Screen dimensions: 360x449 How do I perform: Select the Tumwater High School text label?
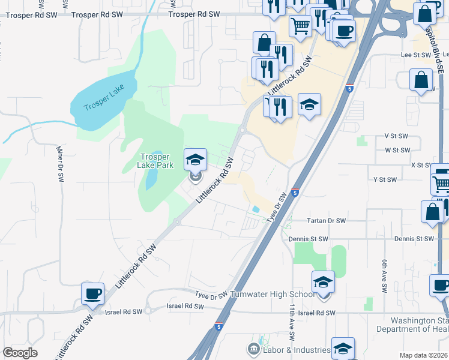[276, 295]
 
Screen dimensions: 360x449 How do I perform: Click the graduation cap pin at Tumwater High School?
[323, 282]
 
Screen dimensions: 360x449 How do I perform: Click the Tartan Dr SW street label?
[326, 221]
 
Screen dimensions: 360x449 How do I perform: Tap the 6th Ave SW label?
[384, 276]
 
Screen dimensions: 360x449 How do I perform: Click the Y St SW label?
[385, 179]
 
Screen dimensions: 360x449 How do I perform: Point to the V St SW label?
[396, 136]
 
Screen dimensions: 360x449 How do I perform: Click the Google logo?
[20, 353]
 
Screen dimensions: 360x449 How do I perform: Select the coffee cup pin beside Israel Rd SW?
[92, 293]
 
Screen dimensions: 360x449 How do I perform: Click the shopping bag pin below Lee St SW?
[421, 80]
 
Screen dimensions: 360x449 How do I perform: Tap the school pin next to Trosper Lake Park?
[195, 160]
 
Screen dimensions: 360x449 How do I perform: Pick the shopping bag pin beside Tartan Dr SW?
[432, 212]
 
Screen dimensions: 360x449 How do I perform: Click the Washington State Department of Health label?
[412, 325]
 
